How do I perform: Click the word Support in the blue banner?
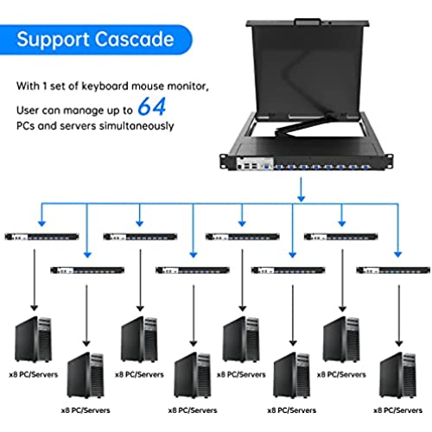click(53, 40)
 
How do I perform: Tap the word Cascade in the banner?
click(134, 39)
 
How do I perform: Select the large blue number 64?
click(152, 106)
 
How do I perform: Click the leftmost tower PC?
click(34, 339)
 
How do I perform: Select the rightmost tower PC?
click(398, 375)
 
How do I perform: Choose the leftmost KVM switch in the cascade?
click(42, 237)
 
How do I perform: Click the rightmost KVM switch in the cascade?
click(393, 270)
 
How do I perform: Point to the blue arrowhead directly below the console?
click(302, 199)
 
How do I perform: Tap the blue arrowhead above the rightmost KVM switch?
click(398, 254)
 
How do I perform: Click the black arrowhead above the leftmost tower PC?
click(35, 308)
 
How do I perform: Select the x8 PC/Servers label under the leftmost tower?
click(34, 375)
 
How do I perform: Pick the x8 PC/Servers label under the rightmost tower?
click(398, 410)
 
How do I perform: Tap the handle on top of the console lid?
click(308, 22)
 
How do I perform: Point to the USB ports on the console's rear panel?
click(251, 166)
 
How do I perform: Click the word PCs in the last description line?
click(25, 126)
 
